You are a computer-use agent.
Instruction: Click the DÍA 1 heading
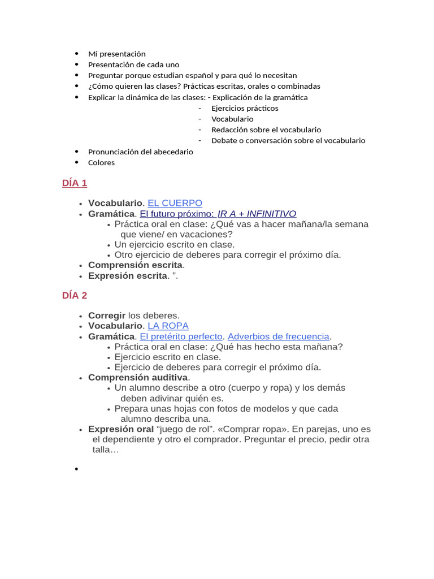tap(75, 183)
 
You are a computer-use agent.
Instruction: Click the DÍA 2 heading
tap(75, 295)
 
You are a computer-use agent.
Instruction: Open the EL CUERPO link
tap(175, 203)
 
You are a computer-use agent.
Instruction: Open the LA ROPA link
tap(168, 326)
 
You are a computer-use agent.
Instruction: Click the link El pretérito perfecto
tap(181, 336)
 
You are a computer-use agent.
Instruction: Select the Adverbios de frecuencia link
tap(278, 336)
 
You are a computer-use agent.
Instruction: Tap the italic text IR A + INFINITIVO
tap(257, 214)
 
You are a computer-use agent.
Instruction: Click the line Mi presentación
tap(117, 54)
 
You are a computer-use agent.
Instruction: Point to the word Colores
tap(101, 163)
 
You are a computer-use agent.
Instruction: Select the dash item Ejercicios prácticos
tap(245, 108)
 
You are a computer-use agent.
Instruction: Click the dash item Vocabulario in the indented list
tap(232, 119)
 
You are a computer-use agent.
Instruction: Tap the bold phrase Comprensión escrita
tap(135, 265)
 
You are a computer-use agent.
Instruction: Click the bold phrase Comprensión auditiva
tap(138, 377)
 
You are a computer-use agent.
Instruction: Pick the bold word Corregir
tap(107, 316)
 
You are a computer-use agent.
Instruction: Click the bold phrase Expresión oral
tap(121, 429)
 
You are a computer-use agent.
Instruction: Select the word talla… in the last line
tap(106, 450)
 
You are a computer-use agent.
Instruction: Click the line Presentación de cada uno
tap(133, 64)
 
